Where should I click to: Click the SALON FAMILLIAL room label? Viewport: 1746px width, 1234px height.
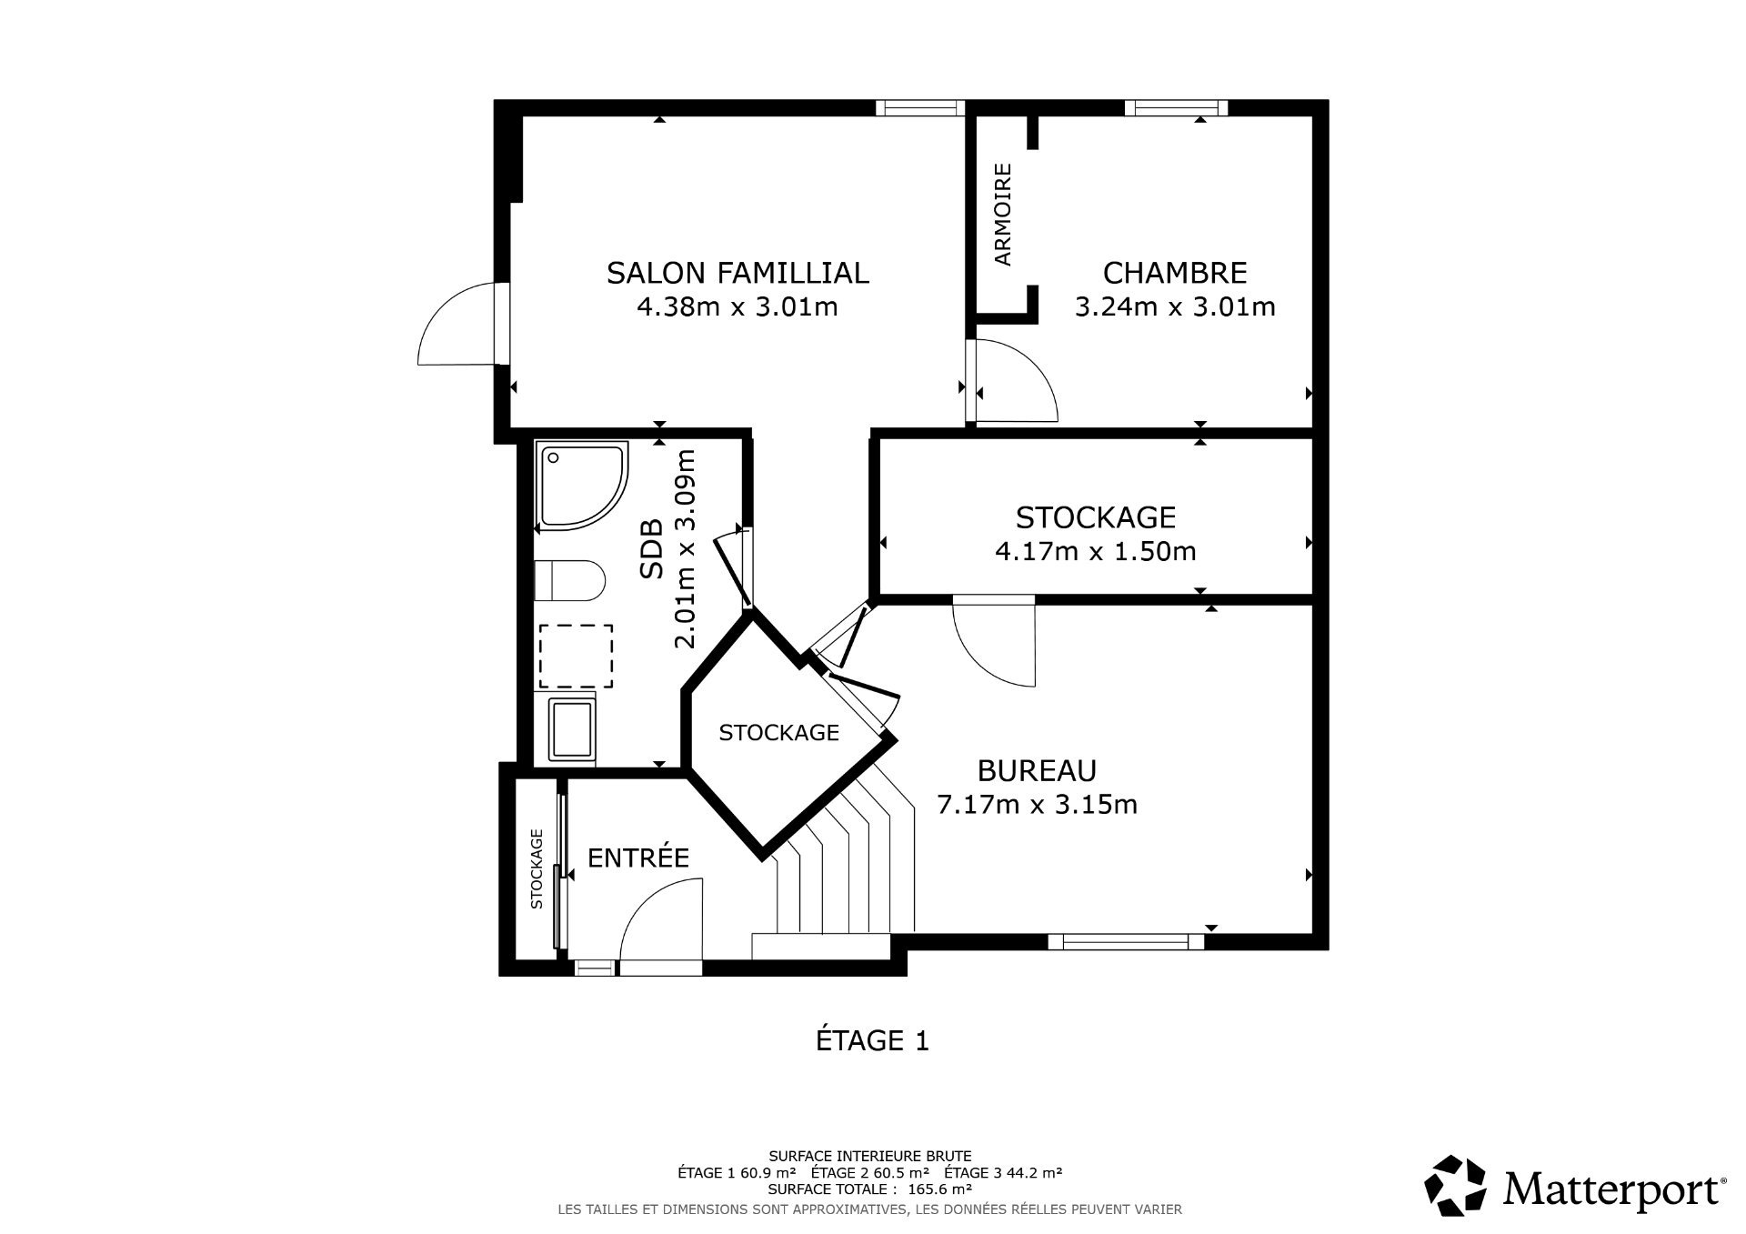[738, 273]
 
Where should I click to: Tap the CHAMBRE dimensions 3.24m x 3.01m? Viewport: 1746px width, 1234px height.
[1175, 307]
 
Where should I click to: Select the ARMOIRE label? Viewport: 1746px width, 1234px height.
[1003, 215]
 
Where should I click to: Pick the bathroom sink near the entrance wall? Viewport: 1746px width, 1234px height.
[572, 729]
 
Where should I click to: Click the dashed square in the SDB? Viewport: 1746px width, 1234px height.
[576, 656]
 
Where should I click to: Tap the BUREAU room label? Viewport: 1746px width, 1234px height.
[1037, 770]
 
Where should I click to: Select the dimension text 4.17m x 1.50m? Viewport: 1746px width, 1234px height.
[1095, 551]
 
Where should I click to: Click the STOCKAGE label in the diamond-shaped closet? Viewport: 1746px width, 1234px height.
[778, 733]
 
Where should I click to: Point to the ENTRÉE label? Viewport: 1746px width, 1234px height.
[638, 858]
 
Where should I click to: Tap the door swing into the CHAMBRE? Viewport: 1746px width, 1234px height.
[1014, 382]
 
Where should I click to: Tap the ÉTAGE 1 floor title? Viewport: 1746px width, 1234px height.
[872, 1040]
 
